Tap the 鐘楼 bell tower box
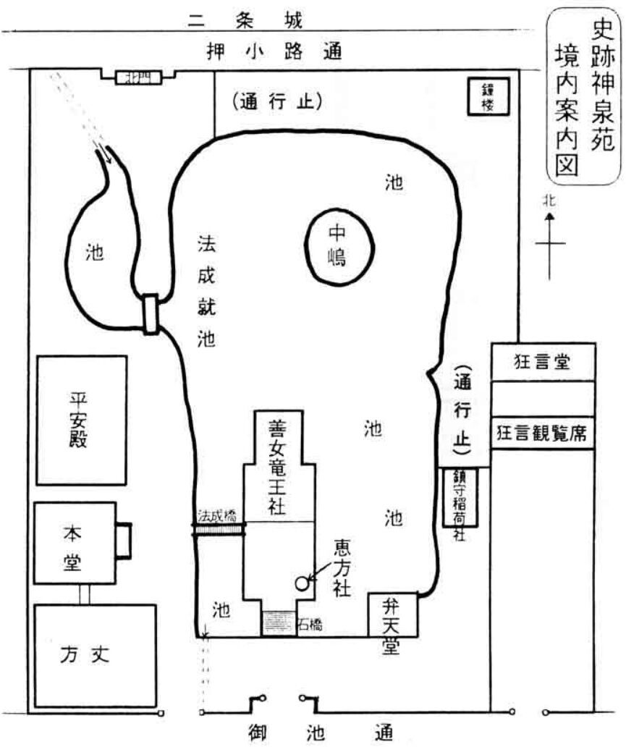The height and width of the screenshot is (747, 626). (x=481, y=96)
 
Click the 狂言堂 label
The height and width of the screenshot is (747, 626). (x=543, y=362)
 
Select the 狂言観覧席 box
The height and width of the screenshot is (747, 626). (x=543, y=433)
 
